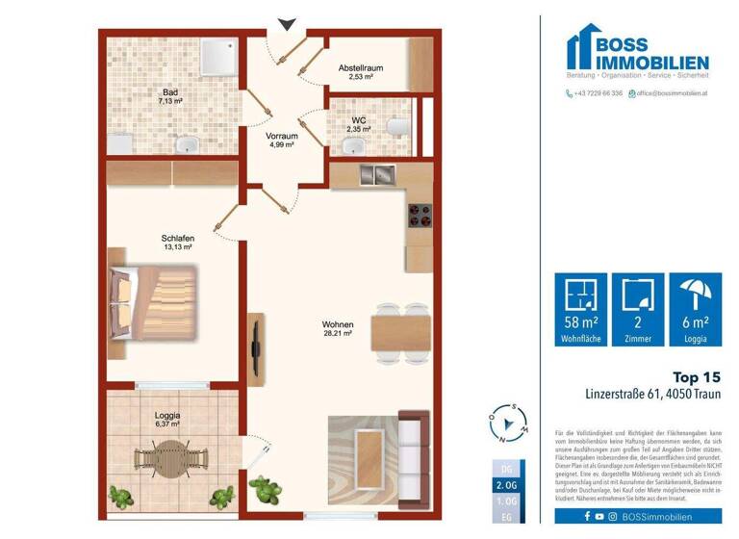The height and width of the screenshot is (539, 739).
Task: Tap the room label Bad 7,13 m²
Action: click(171, 94)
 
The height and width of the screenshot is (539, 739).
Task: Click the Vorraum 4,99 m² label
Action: click(281, 141)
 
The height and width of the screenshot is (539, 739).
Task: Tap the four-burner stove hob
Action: click(420, 215)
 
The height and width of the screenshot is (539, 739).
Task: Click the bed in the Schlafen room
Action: click(154, 302)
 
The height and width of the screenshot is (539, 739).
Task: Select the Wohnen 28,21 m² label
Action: click(338, 330)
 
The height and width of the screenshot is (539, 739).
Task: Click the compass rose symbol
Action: click(506, 422)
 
